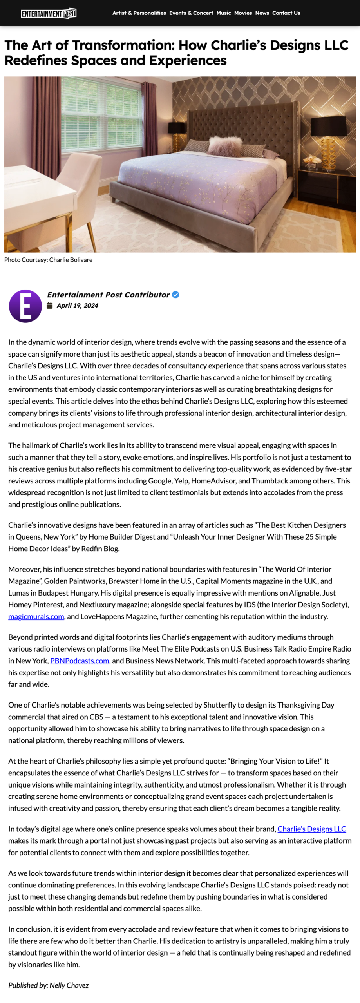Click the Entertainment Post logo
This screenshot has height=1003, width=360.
pyautogui.click(x=49, y=14)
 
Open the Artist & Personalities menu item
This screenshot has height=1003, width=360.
pyautogui.click(x=139, y=13)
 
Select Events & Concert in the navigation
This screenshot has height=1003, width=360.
pyautogui.click(x=191, y=13)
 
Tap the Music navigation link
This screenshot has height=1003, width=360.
pyautogui.click(x=224, y=13)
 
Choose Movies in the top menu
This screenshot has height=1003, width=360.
pyautogui.click(x=243, y=13)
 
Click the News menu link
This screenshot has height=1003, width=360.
pyautogui.click(x=262, y=13)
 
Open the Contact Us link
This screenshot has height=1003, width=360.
pyautogui.click(x=286, y=13)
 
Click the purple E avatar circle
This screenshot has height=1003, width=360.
pyautogui.click(x=25, y=306)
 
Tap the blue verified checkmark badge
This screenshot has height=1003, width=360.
pyautogui.click(x=176, y=295)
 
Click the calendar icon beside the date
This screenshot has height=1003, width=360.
pyautogui.click(x=50, y=306)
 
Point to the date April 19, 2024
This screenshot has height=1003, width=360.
pyautogui.click(x=77, y=306)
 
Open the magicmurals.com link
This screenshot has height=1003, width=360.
pyautogui.click(x=36, y=616)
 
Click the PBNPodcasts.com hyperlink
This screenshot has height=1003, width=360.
pyautogui.click(x=80, y=661)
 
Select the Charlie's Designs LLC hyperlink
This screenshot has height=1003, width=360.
pyautogui.click(x=311, y=829)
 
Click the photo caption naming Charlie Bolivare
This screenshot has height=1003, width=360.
pyautogui.click(x=48, y=260)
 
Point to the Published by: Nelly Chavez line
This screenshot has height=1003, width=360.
pyautogui.click(x=49, y=985)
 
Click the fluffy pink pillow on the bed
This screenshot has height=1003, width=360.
pyautogui.click(x=225, y=144)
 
